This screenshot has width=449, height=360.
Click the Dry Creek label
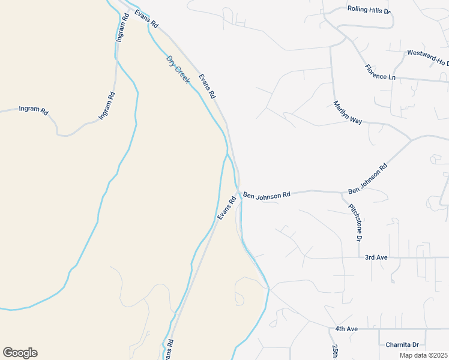pyautogui.click(x=178, y=69)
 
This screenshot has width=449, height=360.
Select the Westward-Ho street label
pyautogui.click(x=427, y=58)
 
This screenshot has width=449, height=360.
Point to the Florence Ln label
pyautogui.click(x=380, y=73)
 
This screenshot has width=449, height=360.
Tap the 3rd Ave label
pyautogui.click(x=376, y=257)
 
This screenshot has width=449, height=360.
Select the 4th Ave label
pyautogui.click(x=346, y=329)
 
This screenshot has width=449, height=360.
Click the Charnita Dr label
pyautogui.click(x=402, y=344)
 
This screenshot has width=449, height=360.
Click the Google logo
pyautogui.click(x=20, y=352)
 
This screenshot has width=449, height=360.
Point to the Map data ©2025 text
pyautogui.click(x=424, y=355)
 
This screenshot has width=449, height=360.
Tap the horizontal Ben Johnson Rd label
pyautogui.click(x=267, y=194)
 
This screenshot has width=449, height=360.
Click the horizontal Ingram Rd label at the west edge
pyautogui.click(x=33, y=110)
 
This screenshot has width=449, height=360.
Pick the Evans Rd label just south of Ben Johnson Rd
pyautogui.click(x=226, y=208)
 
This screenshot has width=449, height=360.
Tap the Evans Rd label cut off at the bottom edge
pyautogui.click(x=170, y=351)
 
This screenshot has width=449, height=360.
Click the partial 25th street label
pyautogui.click(x=335, y=352)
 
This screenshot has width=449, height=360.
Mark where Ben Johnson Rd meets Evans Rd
pyautogui.click(x=239, y=192)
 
